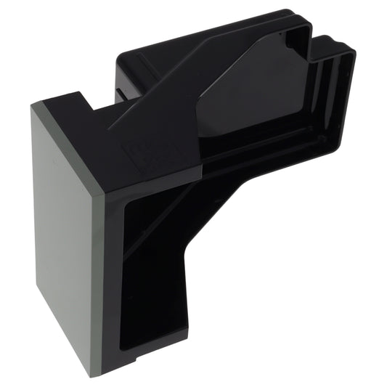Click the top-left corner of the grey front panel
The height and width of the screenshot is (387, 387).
(x=33, y=107)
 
